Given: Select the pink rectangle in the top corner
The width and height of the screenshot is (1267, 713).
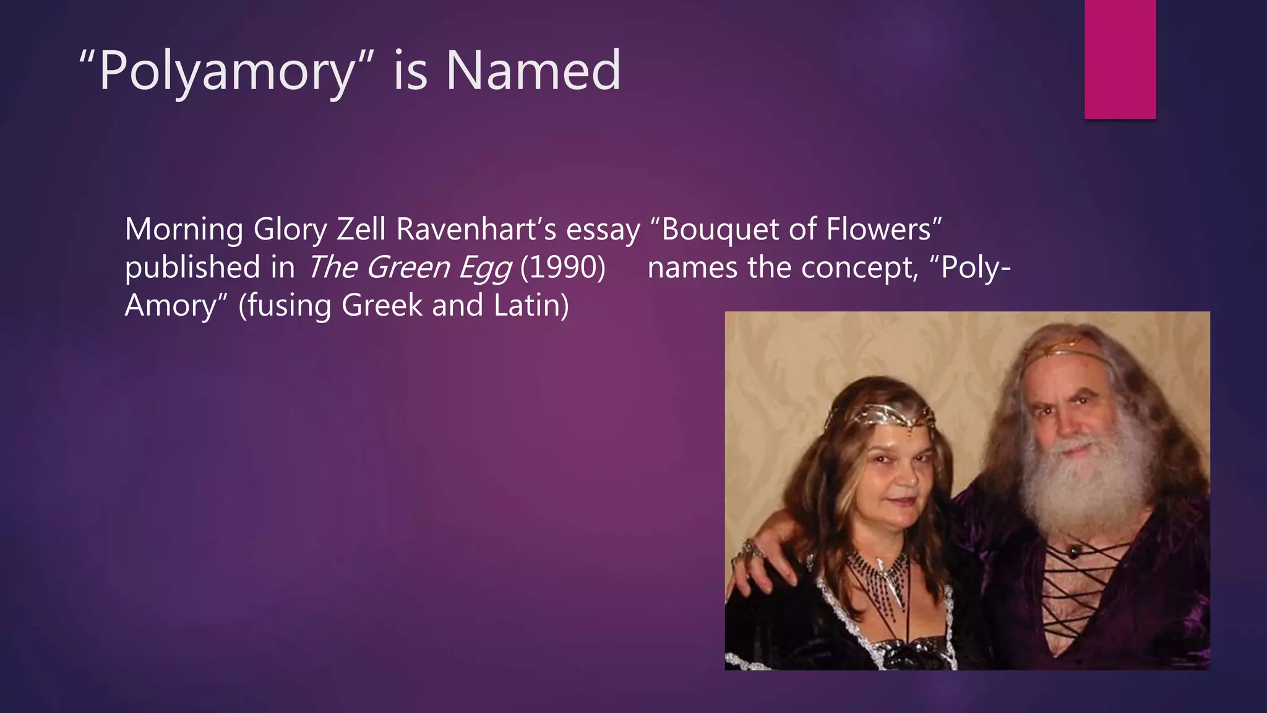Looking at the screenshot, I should (x=1120, y=59).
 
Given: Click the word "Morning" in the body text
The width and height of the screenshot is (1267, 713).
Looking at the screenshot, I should (x=184, y=230).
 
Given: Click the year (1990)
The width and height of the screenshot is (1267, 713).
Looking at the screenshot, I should (x=562, y=267).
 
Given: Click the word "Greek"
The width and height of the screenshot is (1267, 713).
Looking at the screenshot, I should (x=381, y=305).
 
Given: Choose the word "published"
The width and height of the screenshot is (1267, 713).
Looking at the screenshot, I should (x=192, y=267).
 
